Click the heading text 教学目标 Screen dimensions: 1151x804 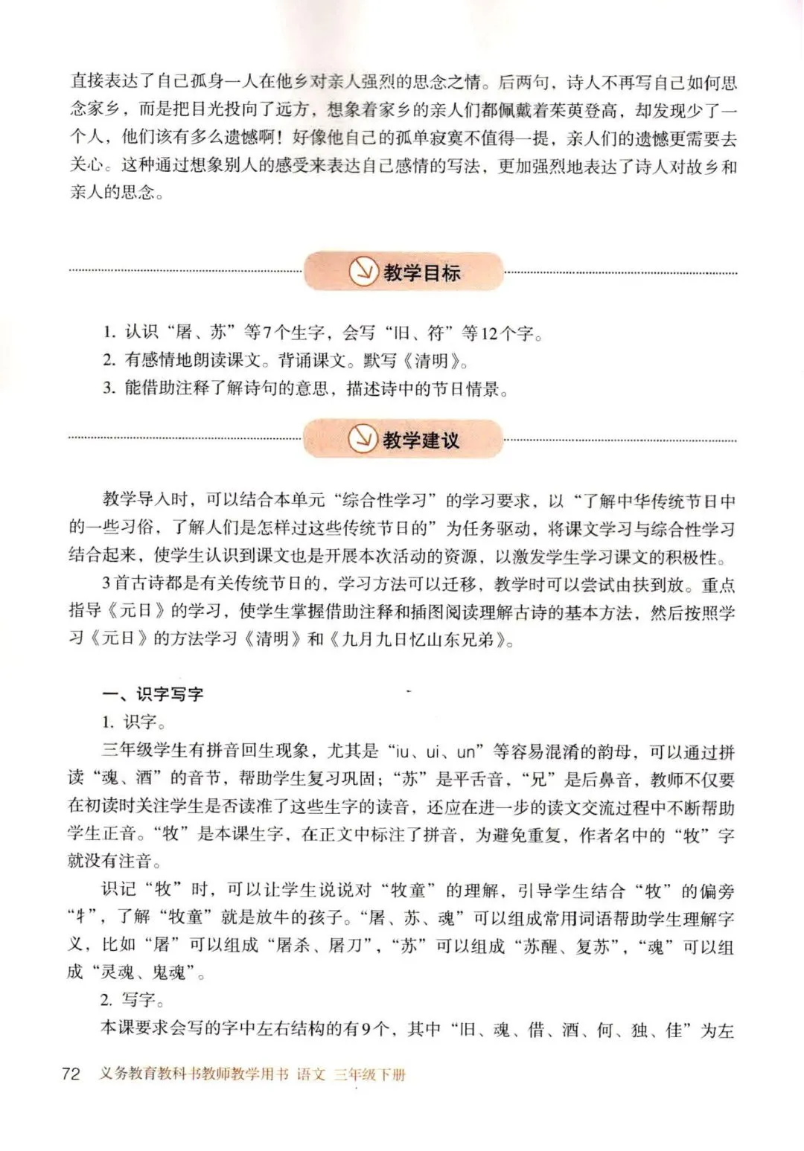pyautogui.click(x=422, y=273)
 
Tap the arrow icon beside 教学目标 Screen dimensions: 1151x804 pyautogui.click(x=363, y=273)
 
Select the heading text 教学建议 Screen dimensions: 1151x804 pyautogui.click(x=421, y=440)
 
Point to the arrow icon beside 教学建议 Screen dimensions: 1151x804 pyautogui.click(x=363, y=440)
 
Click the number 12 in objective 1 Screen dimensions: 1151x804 pyautogui.click(x=488, y=333)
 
